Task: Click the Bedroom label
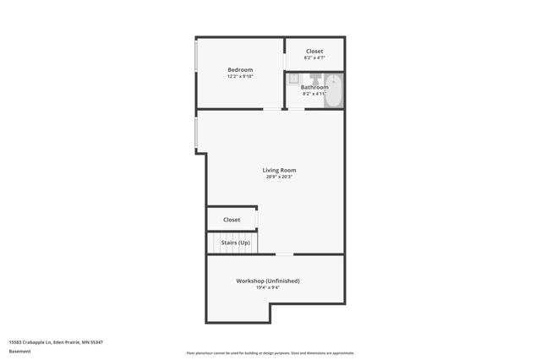click(x=240, y=69)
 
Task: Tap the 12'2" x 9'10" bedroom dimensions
click(x=240, y=76)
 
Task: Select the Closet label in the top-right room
click(x=314, y=52)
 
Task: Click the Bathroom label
click(x=314, y=87)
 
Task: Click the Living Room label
click(x=279, y=170)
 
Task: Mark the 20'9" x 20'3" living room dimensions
click(x=279, y=177)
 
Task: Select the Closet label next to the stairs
click(x=232, y=220)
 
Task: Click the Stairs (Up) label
click(x=236, y=243)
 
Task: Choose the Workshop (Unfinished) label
click(x=267, y=281)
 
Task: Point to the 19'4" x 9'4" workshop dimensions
click(x=267, y=287)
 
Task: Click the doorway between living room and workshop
click(x=285, y=254)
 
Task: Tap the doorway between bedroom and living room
click(x=272, y=109)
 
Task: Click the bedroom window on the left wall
click(x=196, y=73)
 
